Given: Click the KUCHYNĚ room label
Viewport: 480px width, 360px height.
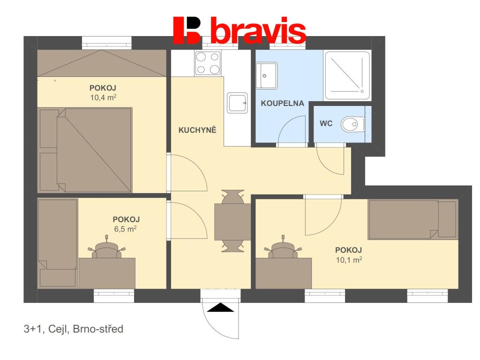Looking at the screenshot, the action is click(x=197, y=130).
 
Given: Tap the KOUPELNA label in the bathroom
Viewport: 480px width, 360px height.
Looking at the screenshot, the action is click(x=282, y=103).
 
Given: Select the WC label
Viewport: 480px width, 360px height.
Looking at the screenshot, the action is click(x=326, y=123).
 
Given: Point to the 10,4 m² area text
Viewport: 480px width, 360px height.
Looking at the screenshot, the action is click(x=103, y=97).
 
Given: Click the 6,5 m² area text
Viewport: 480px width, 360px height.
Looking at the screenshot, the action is click(x=125, y=229).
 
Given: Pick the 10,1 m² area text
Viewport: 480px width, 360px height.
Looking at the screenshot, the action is click(x=349, y=260).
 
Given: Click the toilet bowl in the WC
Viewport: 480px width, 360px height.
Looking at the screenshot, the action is click(x=352, y=124).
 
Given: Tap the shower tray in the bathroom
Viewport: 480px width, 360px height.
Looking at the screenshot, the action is click(x=347, y=75).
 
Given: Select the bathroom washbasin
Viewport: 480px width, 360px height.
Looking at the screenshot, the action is click(x=266, y=75).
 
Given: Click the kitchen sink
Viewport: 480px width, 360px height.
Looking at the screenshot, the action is click(x=237, y=103).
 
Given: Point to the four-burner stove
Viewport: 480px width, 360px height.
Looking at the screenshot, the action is click(x=208, y=63).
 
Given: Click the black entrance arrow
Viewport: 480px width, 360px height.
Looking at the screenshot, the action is click(x=220, y=307).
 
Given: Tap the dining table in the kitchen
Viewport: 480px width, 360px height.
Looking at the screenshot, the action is click(x=232, y=222).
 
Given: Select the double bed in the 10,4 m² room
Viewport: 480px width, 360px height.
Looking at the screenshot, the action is click(x=85, y=150).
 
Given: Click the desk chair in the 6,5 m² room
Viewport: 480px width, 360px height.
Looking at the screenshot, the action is click(x=107, y=248).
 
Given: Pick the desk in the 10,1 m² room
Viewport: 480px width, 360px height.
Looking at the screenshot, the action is click(x=284, y=273).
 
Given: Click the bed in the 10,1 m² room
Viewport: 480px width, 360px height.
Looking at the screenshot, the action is click(x=413, y=219).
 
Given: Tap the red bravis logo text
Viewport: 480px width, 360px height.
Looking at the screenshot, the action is click(x=258, y=30).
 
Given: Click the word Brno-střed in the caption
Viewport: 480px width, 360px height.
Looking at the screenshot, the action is click(x=98, y=329).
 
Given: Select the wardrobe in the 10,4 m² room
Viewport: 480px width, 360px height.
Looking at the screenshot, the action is click(x=102, y=63).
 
